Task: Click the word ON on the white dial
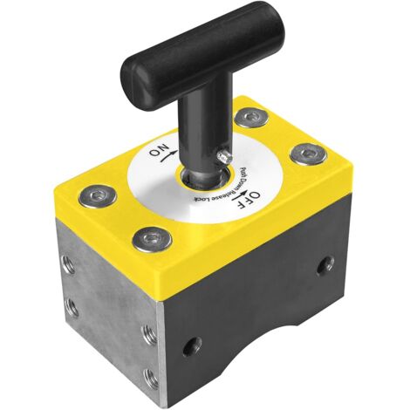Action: [159, 150]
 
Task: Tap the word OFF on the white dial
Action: [248, 200]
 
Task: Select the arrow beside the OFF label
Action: [241, 195]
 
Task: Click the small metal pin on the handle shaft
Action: [225, 156]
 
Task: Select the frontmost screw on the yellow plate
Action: [152, 239]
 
